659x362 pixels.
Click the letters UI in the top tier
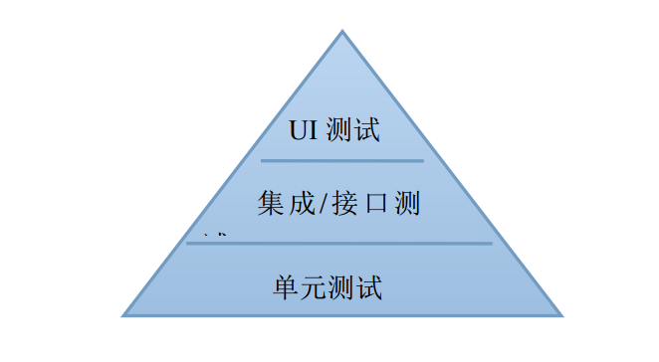click(x=303, y=131)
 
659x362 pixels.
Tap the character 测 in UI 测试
click(x=338, y=131)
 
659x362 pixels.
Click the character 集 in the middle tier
click(x=270, y=205)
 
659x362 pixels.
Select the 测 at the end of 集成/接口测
click(x=405, y=205)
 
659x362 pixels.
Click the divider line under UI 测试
click(x=341, y=160)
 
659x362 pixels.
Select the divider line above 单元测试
click(x=339, y=243)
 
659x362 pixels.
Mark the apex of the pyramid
click(x=342, y=32)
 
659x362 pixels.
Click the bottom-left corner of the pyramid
click(x=123, y=315)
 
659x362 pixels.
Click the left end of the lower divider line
click(x=188, y=243)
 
